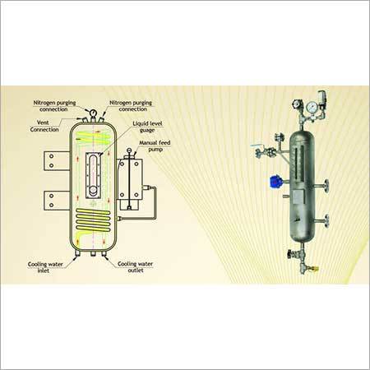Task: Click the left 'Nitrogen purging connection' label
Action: click(58, 108)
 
